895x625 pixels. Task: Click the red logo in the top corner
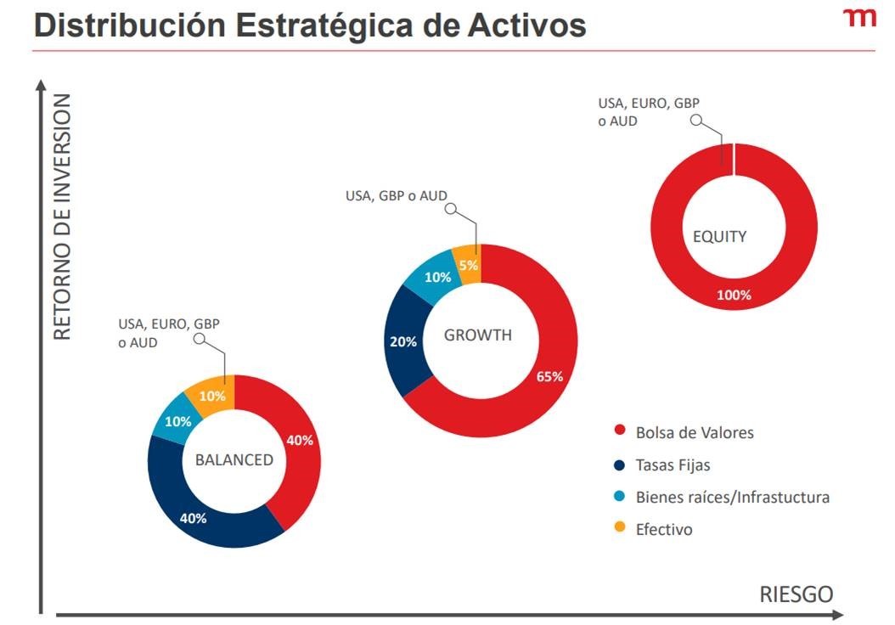click(x=859, y=19)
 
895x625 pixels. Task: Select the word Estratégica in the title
click(x=352, y=25)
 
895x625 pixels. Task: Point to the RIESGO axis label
click(x=796, y=594)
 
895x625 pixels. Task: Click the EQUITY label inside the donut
click(x=719, y=237)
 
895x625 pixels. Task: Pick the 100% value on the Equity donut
click(x=734, y=296)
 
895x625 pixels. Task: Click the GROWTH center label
click(x=478, y=335)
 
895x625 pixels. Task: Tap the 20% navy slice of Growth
click(x=403, y=341)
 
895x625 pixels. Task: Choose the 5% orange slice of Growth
click(x=468, y=264)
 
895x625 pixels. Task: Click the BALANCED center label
click(x=234, y=460)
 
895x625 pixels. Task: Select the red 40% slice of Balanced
click(x=299, y=440)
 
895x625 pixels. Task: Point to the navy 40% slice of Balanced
click(x=193, y=517)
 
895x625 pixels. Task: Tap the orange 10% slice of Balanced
click(x=212, y=396)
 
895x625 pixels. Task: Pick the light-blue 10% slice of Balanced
click(x=177, y=421)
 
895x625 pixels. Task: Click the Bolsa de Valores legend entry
click(x=694, y=432)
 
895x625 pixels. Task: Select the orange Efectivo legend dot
click(x=619, y=529)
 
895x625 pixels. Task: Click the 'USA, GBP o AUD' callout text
click(x=397, y=196)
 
